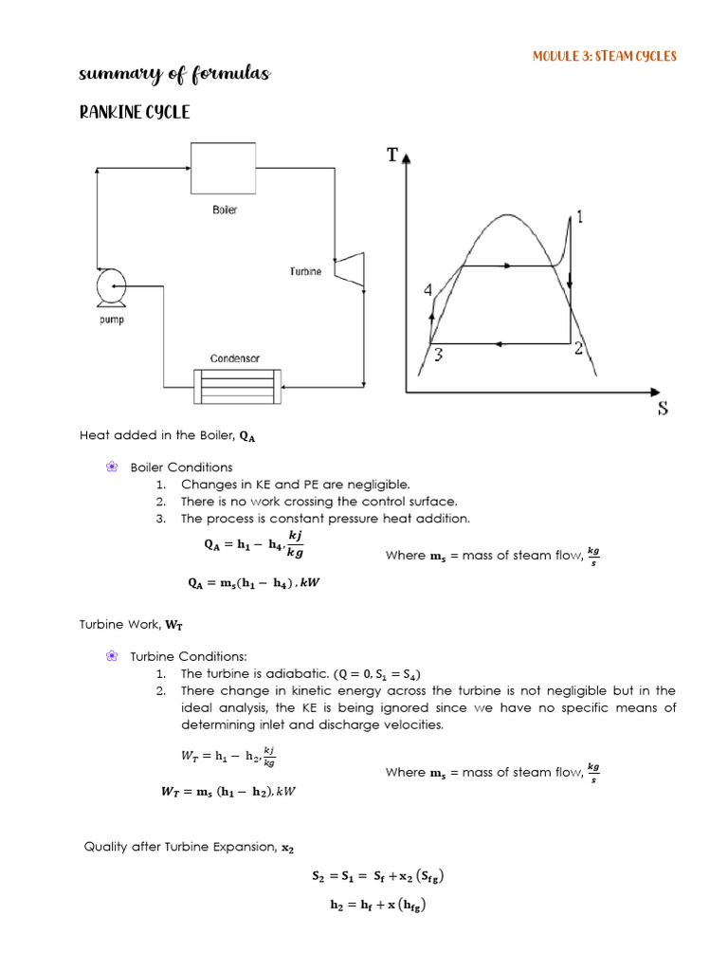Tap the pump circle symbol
pos(112,284)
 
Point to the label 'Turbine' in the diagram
pos(305,272)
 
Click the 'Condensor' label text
pos(234,358)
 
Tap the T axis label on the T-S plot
pos(392,155)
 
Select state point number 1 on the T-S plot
pos(579,217)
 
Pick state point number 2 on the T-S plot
pos(578,348)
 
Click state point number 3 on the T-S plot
pos(438,355)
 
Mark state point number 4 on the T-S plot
pos(428,290)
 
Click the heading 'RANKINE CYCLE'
pos(134,112)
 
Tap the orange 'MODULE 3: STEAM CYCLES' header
pos(605,56)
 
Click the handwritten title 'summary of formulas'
pos(174,74)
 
